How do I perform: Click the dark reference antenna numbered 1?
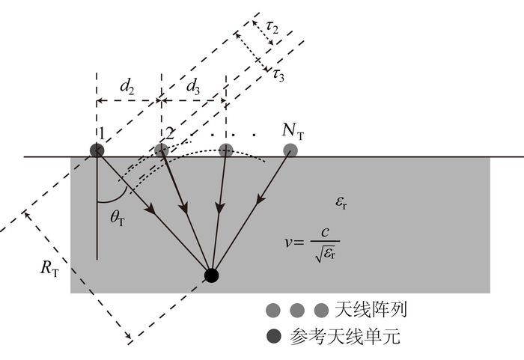tap(97, 150)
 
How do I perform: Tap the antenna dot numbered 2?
tap(161, 150)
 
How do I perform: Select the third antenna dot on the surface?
tap(226, 150)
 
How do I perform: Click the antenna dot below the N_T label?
tap(290, 150)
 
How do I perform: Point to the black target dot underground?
tap(212, 275)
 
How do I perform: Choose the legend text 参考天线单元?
tap(359, 336)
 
